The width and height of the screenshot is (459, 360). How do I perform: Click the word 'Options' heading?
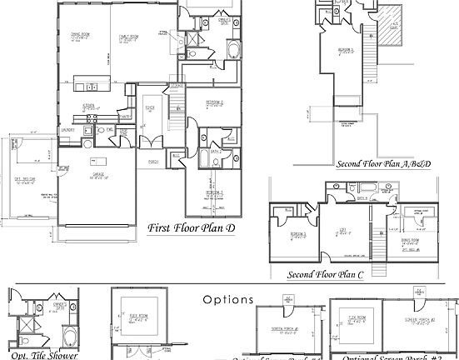(x=227, y=297)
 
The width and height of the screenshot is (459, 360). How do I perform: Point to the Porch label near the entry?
(x=154, y=161)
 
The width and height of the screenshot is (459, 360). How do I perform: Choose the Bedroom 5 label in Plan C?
(x=287, y=237)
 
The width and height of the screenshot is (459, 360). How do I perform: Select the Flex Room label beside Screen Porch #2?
(x=358, y=317)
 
